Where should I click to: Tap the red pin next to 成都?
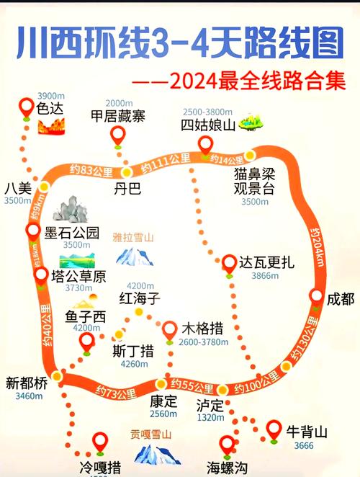pos(317,296)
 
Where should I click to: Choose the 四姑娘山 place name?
pos(208,124)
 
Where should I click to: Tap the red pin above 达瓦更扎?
pos(229,262)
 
